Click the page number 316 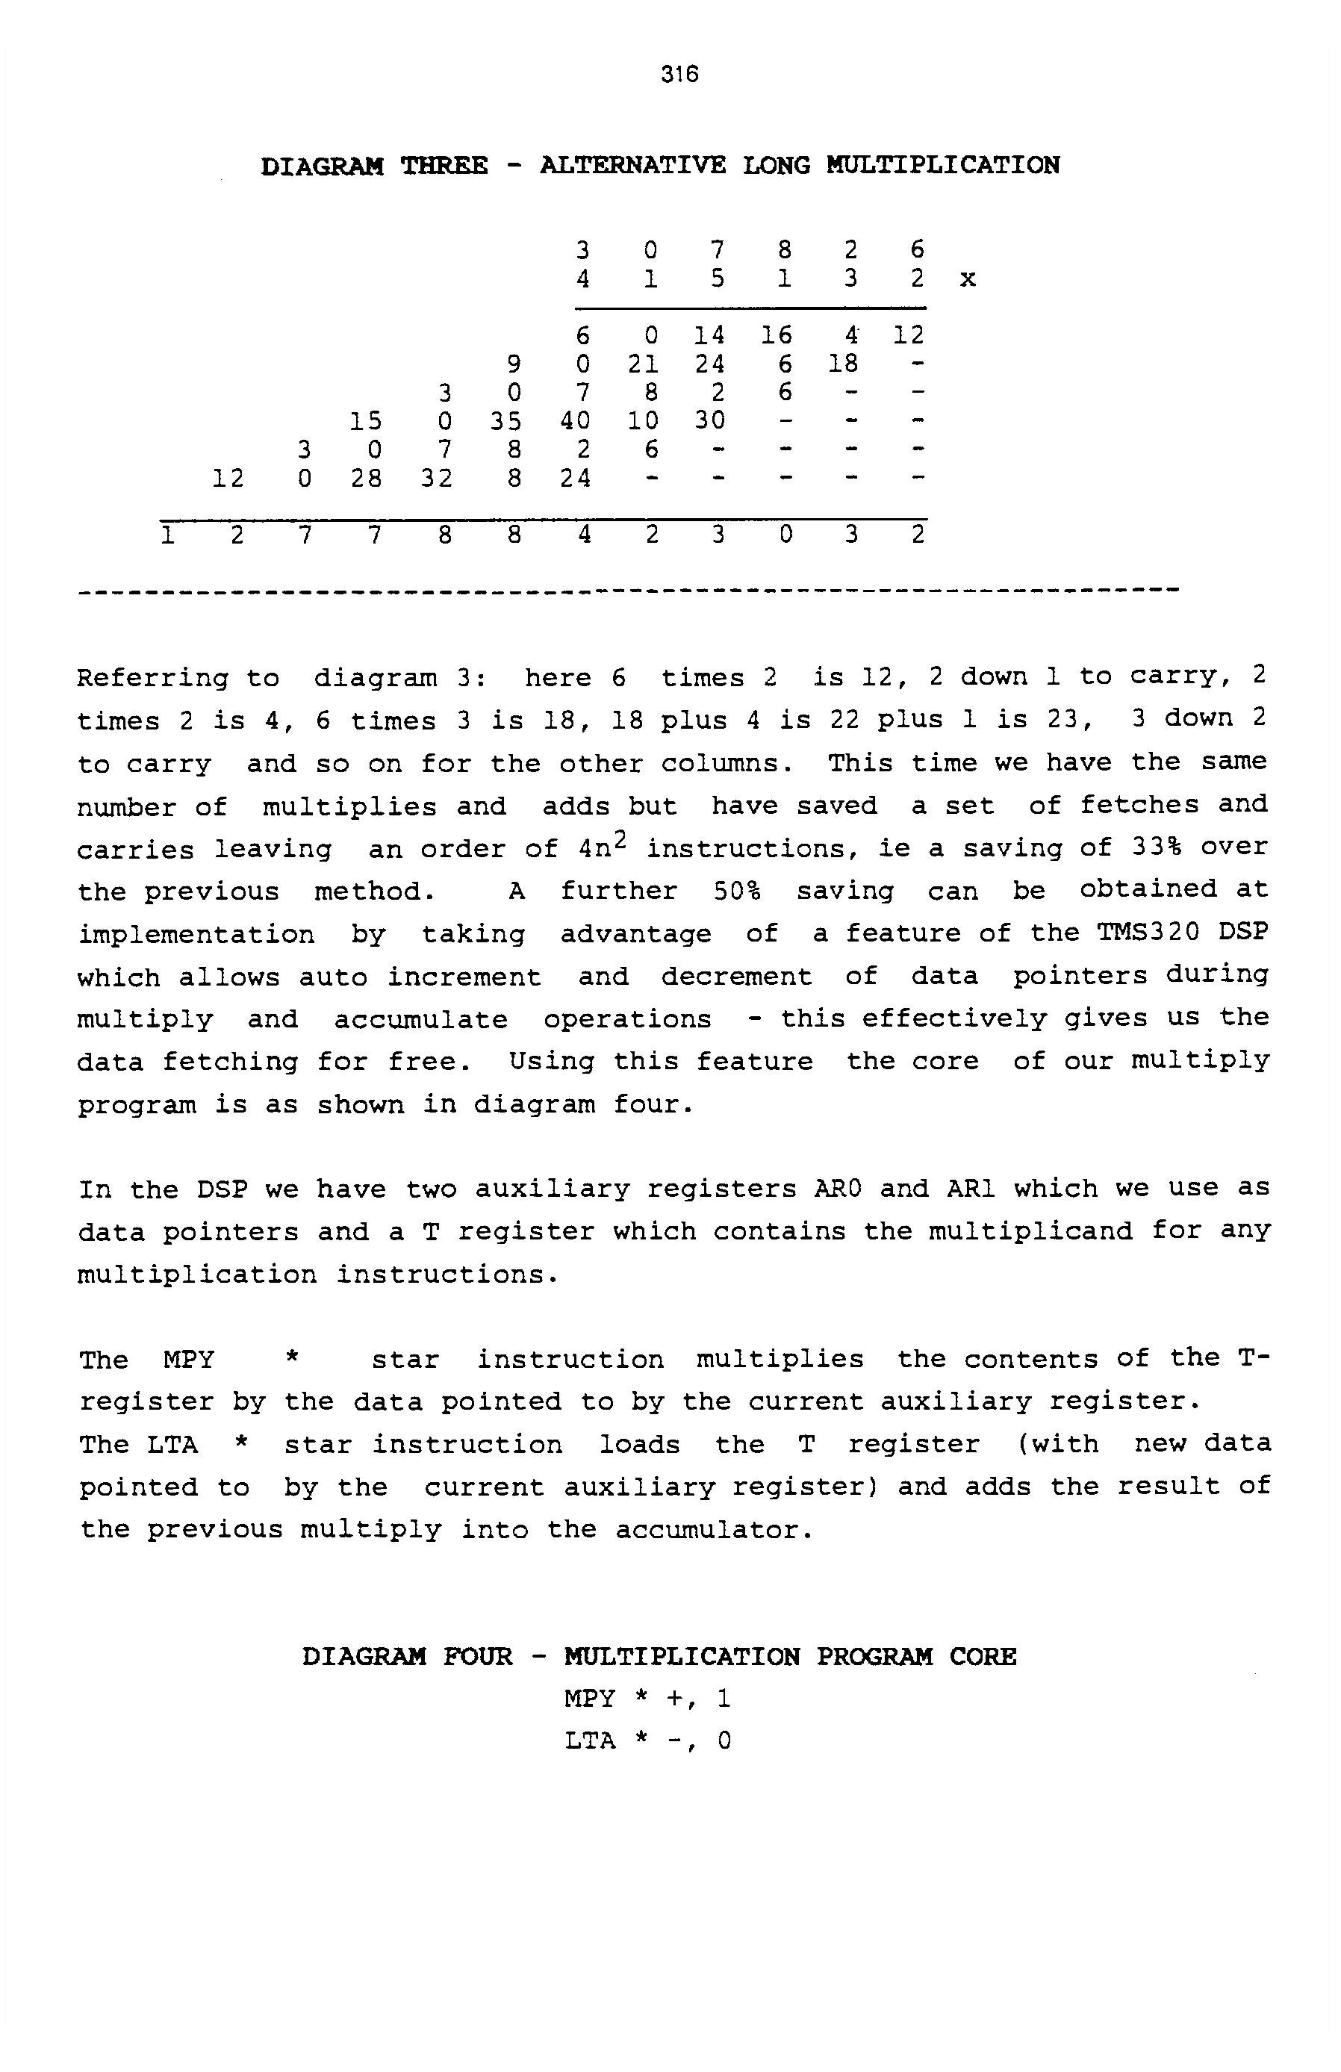pyautogui.click(x=679, y=74)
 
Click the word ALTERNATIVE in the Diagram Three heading pyautogui.click(x=632, y=166)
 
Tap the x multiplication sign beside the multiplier pyautogui.click(x=968, y=279)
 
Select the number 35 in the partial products pyautogui.click(x=505, y=421)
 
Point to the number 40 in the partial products pyautogui.click(x=575, y=421)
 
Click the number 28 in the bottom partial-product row pyautogui.click(x=366, y=479)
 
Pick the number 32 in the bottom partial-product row pyautogui.click(x=436, y=479)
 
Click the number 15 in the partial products pyautogui.click(x=366, y=421)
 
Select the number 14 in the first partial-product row pyautogui.click(x=709, y=335)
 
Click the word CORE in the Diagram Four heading pyautogui.click(x=983, y=1657)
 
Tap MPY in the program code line pyautogui.click(x=590, y=1699)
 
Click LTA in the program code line pyautogui.click(x=590, y=1741)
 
